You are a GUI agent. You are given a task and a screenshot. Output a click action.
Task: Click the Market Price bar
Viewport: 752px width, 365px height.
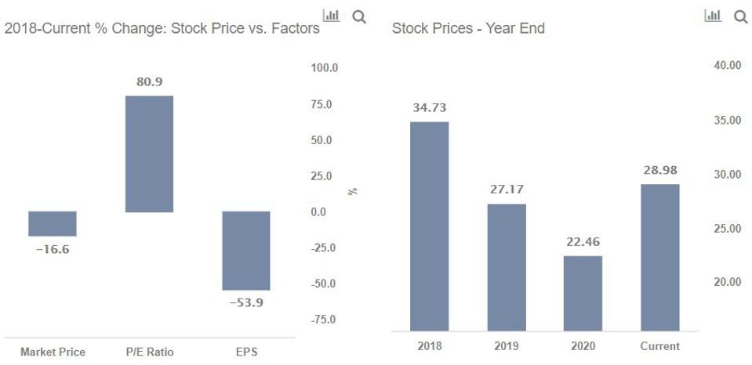[53, 224]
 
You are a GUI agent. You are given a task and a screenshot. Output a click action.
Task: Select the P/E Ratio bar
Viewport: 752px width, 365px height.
[149, 154]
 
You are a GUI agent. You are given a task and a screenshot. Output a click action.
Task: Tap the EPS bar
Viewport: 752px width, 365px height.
[246, 251]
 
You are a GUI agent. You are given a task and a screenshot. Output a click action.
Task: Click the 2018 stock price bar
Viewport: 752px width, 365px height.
[430, 226]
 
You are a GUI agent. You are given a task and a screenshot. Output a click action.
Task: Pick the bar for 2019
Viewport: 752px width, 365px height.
[507, 267]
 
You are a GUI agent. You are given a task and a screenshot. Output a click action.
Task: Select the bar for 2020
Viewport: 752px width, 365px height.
[583, 293]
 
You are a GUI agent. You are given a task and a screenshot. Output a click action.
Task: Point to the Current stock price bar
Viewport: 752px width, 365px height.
[660, 257]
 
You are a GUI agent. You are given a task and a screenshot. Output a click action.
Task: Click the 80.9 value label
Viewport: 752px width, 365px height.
[149, 81]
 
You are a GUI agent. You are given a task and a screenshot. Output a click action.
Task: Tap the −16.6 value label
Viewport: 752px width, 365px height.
[53, 250]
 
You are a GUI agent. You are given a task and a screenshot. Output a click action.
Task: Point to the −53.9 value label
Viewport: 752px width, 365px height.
[246, 302]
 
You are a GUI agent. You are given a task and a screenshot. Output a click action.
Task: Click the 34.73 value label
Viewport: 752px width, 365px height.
[430, 108]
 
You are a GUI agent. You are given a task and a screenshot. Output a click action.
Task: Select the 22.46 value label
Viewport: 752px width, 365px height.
[583, 242]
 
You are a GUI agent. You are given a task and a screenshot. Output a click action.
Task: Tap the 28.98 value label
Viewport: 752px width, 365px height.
[660, 170]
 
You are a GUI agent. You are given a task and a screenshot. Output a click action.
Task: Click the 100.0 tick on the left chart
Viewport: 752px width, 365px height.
[324, 68]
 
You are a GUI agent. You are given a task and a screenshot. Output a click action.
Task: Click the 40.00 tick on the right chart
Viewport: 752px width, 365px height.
[727, 66]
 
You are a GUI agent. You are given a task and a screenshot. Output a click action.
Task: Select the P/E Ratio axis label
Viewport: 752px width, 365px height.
[149, 352]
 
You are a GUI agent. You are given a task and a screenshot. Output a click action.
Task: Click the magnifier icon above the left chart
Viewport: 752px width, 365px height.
[359, 16]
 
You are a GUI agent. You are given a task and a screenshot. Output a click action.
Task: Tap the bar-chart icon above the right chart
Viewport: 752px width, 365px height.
[713, 16]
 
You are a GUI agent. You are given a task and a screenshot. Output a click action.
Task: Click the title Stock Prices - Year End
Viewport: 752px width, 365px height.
[468, 29]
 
